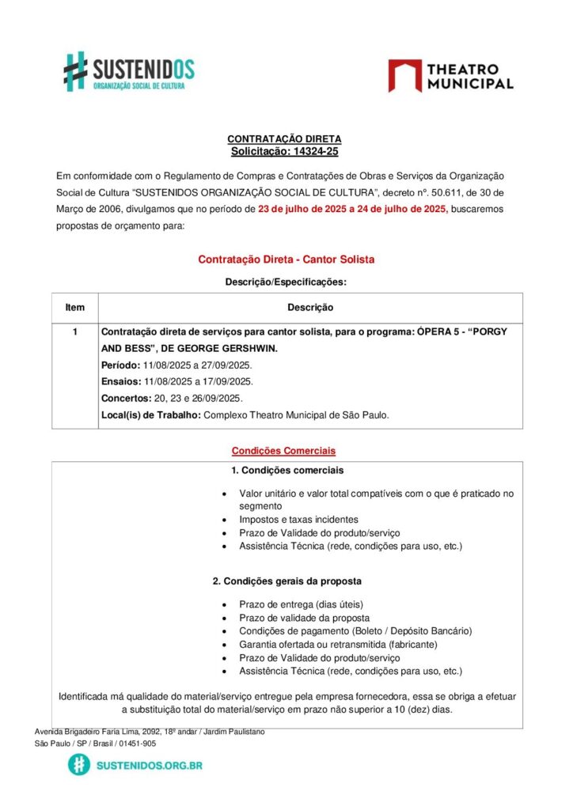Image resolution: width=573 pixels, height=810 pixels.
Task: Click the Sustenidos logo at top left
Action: (129, 72)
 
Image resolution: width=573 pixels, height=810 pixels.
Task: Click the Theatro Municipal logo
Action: (450, 76)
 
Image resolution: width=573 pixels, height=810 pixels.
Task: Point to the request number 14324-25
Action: (310, 151)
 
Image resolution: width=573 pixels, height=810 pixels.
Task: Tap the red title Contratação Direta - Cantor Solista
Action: (286, 259)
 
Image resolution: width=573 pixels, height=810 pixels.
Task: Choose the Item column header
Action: (75, 308)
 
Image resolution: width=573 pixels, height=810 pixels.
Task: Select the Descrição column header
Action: (310, 308)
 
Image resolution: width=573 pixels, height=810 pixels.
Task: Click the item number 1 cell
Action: (75, 332)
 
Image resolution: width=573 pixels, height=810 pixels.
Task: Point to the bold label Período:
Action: (121, 365)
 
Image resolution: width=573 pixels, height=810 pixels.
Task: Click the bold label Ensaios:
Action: (121, 381)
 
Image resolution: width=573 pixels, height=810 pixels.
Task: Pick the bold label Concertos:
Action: (126, 398)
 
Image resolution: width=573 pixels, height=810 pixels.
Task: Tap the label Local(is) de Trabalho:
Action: (150, 414)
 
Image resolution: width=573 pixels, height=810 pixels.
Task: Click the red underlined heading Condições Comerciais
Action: (283, 451)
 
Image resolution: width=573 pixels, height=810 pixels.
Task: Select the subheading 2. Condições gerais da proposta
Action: (286, 581)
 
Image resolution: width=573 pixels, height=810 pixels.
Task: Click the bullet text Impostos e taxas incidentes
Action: (298, 520)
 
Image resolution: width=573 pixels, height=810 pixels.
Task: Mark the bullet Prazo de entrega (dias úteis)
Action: (302, 604)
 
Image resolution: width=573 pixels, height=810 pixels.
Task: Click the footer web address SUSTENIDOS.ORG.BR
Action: (148, 765)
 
